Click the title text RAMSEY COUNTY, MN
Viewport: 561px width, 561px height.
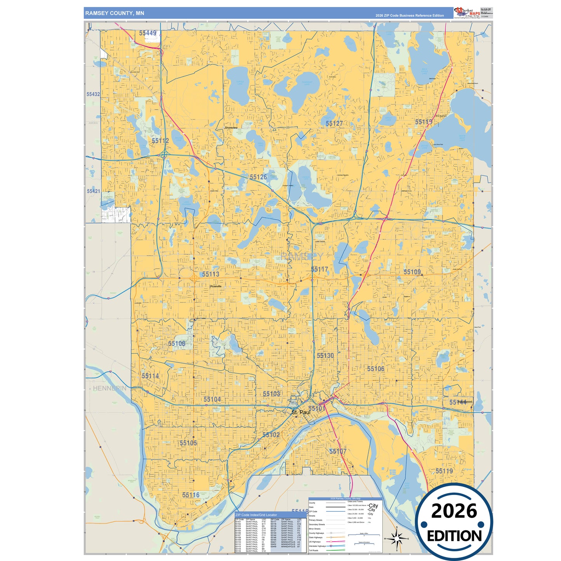click(115, 13)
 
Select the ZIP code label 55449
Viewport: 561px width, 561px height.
click(148, 33)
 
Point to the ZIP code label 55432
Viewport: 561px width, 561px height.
click(93, 94)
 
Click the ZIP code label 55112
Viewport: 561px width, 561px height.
click(160, 141)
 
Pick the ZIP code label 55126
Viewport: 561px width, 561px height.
click(258, 177)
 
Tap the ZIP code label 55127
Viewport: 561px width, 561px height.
click(334, 123)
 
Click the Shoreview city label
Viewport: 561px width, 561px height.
click(231, 128)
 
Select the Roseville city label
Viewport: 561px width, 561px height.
click(216, 286)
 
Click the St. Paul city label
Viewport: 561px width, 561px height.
click(301, 412)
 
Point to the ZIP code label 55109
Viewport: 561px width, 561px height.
click(412, 272)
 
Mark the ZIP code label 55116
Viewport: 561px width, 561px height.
click(191, 495)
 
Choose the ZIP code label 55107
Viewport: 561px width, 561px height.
click(338, 451)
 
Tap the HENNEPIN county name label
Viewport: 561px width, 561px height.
click(109, 388)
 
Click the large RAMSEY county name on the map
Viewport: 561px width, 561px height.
click(302, 257)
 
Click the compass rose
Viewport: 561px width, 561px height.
click(396, 538)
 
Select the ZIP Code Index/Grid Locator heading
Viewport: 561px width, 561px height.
click(256, 515)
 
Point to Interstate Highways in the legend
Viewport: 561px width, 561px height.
click(317, 546)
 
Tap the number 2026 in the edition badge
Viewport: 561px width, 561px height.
click(454, 511)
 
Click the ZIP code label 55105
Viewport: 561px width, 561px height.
click(188, 443)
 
